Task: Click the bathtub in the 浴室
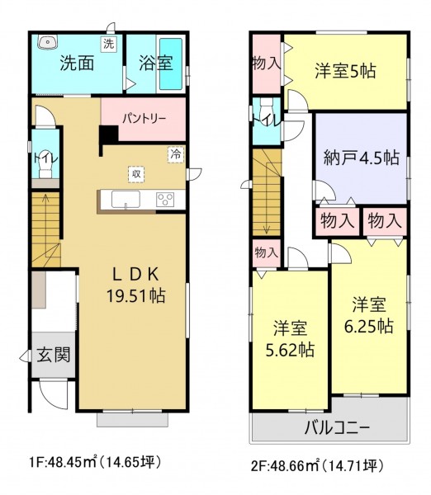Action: (171, 64)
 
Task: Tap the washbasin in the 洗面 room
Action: (47, 42)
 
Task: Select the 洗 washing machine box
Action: (109, 44)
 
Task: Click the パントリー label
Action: (144, 119)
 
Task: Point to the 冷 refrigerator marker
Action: (176, 155)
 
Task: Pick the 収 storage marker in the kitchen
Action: (136, 174)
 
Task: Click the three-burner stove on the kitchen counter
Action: (165, 200)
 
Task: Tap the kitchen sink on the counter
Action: (126, 199)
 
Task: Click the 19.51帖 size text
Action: (136, 296)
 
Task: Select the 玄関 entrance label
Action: (54, 355)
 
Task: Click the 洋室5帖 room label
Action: (345, 71)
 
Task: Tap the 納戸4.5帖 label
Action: (362, 158)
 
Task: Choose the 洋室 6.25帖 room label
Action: (368, 315)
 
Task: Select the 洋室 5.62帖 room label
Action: (290, 339)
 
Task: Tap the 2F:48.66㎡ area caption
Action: (286, 465)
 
